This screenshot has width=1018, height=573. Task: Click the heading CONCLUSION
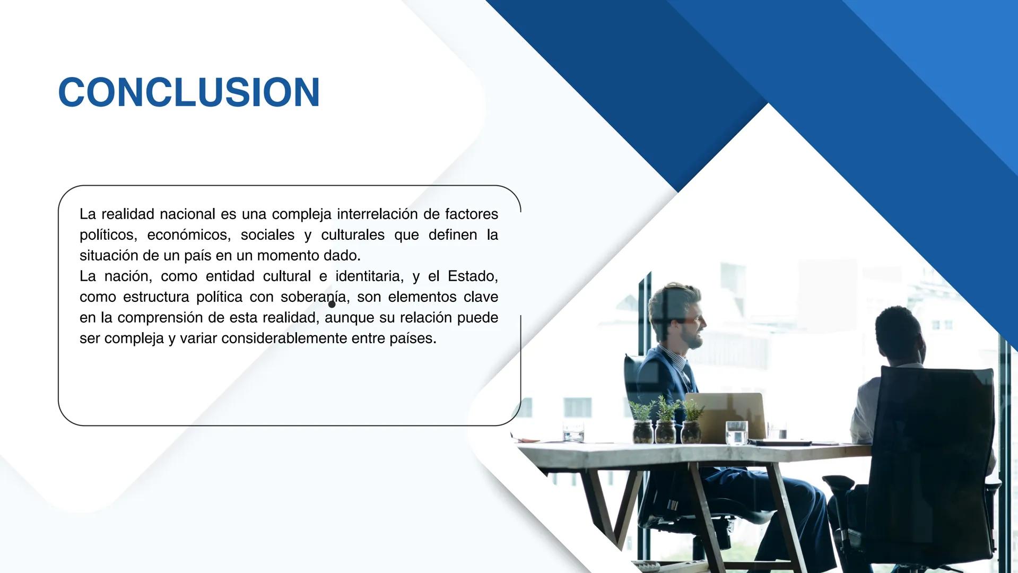(189, 92)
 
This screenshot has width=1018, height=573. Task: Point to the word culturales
(352, 235)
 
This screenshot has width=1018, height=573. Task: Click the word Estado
(472, 276)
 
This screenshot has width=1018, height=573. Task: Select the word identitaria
(369, 276)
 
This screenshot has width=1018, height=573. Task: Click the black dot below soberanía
(332, 305)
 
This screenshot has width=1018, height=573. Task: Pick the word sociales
(267, 235)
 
